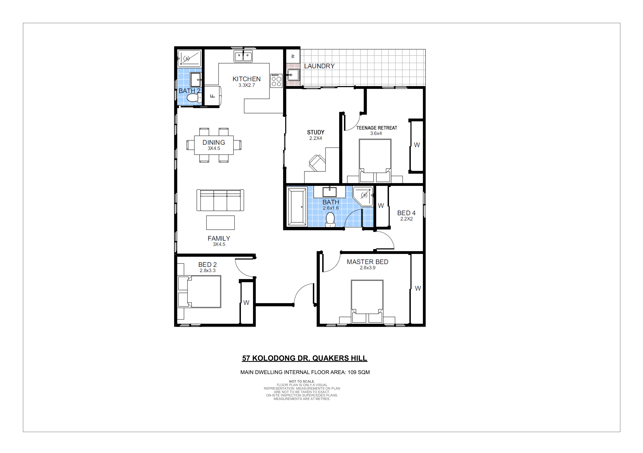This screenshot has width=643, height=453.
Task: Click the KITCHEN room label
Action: click(x=246, y=79)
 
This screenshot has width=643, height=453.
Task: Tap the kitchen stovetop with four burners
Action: click(x=276, y=81)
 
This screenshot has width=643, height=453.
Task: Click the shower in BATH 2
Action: click(x=189, y=58)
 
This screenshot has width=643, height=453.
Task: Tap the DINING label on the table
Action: click(x=214, y=142)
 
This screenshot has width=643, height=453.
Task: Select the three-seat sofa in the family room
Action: click(x=220, y=200)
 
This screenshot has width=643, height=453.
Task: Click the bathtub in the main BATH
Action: click(x=297, y=207)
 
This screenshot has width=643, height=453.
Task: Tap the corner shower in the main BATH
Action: click(x=363, y=196)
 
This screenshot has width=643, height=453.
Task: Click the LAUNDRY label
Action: click(x=319, y=66)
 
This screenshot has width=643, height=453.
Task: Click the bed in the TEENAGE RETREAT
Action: click(x=375, y=161)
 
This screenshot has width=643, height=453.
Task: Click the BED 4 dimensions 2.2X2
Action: click(x=406, y=219)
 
